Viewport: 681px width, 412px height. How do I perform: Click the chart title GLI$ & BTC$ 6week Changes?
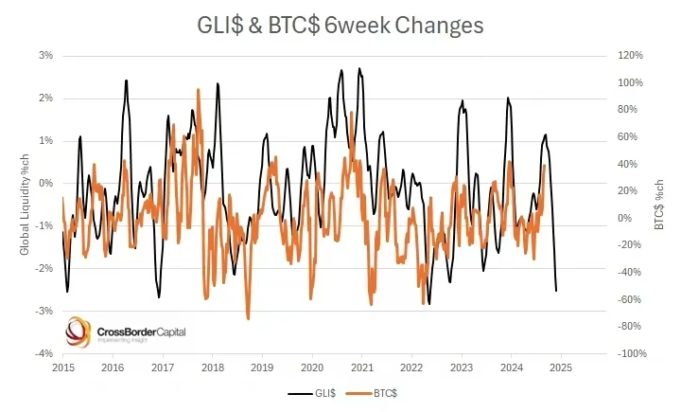coord(340,26)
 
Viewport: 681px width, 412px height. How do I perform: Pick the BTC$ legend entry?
coord(373,392)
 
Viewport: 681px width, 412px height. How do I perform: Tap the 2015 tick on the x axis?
coord(62,367)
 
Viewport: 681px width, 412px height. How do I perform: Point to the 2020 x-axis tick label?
coord(311,367)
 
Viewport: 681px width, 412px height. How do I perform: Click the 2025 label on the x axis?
coord(560,367)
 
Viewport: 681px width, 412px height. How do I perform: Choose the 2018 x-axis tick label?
coord(212,367)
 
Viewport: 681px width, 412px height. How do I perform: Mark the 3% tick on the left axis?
coord(44,56)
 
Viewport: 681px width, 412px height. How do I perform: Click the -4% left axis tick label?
coord(43,353)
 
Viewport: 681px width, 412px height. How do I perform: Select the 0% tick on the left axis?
coord(44,184)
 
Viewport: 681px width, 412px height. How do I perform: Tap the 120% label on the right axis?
coord(631,56)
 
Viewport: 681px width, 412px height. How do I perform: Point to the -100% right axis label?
coord(630,353)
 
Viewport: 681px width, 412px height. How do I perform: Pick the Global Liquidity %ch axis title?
coord(26,205)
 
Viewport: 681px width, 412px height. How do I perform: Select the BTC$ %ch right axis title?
coord(659,205)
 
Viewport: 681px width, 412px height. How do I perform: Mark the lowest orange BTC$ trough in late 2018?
coord(248,318)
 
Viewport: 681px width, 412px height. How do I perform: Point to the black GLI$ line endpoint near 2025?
coord(556,290)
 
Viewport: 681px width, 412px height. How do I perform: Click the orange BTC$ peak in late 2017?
coord(199,90)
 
